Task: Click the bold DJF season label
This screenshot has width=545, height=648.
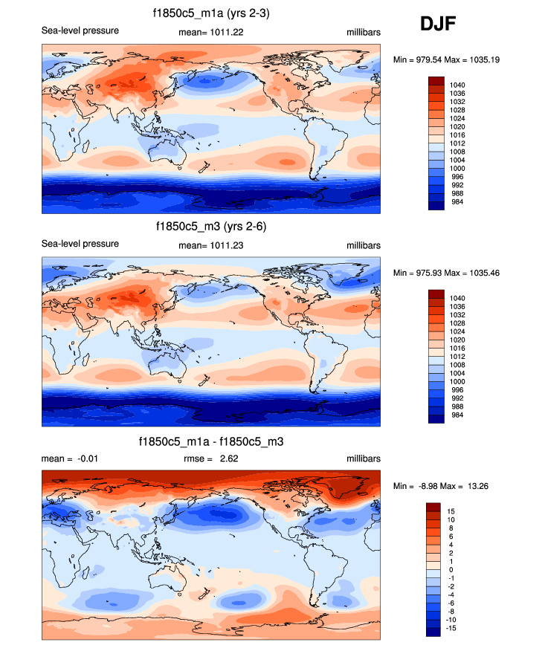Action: point(438,25)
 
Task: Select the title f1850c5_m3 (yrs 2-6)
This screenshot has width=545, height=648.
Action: point(211,226)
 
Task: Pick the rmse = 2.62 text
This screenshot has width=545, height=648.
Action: point(210,459)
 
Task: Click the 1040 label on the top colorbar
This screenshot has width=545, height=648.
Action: point(458,85)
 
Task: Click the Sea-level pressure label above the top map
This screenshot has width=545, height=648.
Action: point(80,31)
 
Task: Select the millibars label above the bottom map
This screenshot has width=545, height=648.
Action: point(363,459)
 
